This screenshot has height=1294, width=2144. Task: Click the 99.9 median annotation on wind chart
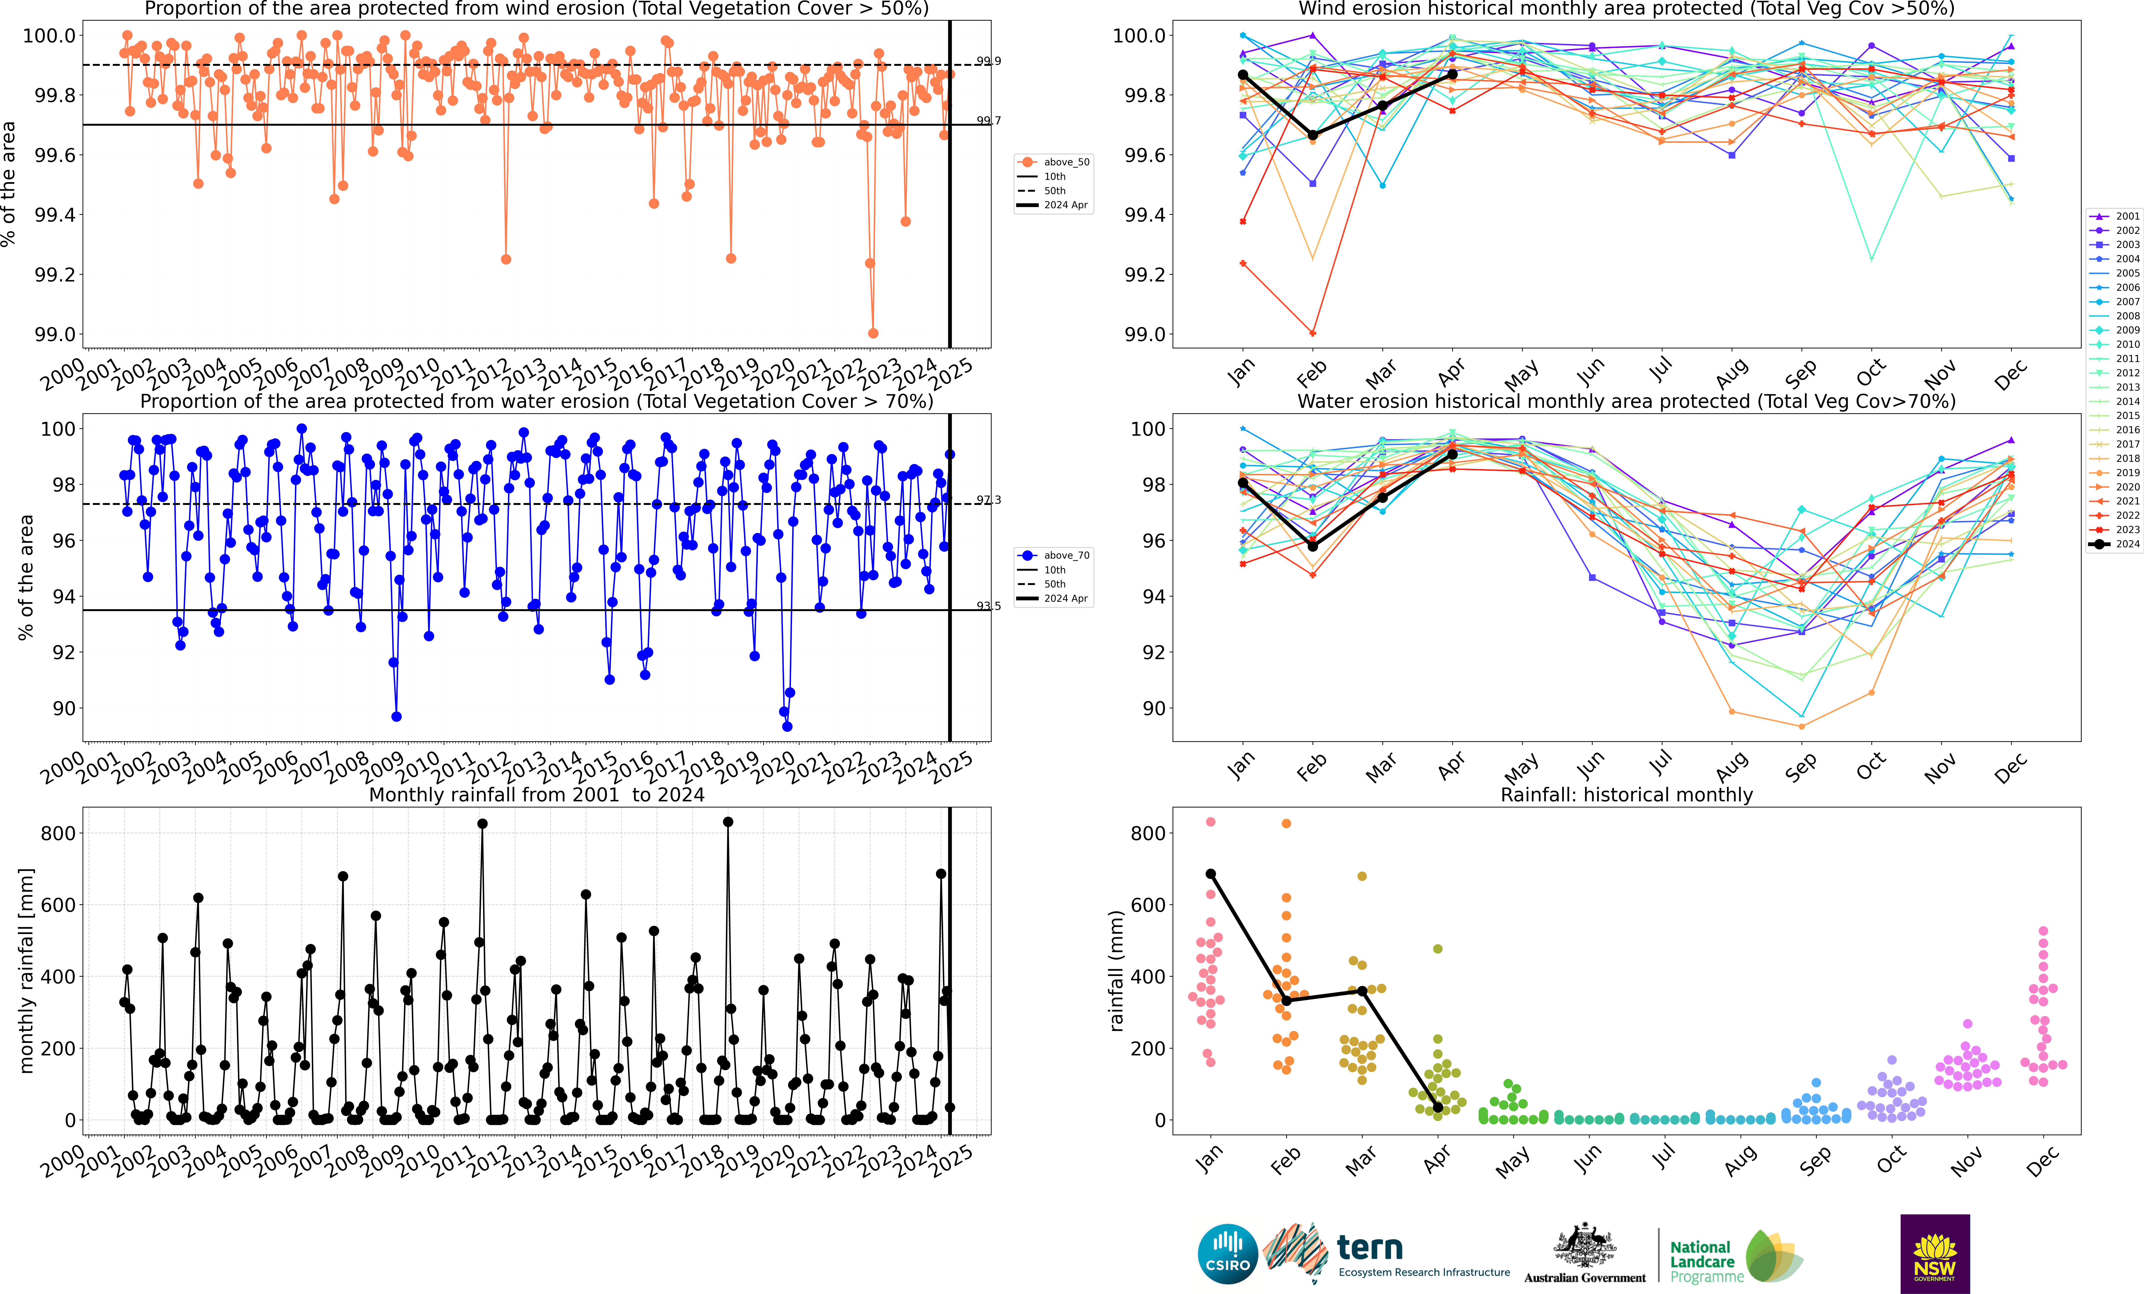tap(988, 61)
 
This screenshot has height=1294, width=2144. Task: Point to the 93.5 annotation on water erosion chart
tap(988, 606)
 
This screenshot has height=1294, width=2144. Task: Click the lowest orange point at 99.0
tap(873, 333)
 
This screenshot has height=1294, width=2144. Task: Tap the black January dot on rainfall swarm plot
tap(1210, 874)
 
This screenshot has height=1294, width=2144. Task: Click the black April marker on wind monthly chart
tap(1452, 75)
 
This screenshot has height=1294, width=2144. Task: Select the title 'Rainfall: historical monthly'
tap(1626, 795)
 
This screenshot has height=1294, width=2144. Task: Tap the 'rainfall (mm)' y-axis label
tap(1116, 970)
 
